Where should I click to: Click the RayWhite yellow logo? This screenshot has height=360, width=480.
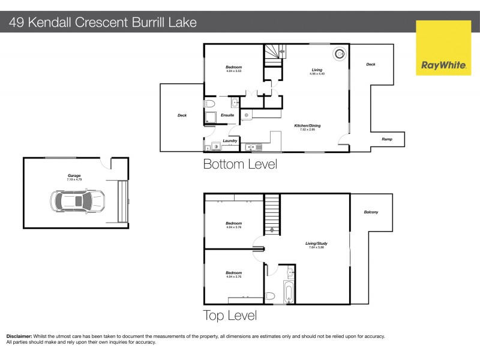443,47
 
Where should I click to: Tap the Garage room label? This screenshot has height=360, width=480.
74,176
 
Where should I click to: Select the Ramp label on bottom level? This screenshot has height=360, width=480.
387,139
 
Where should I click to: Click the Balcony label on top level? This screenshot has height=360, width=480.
371,212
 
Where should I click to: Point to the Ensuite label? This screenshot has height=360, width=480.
227,115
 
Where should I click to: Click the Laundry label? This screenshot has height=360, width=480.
230,141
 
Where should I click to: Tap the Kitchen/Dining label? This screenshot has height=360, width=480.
307,125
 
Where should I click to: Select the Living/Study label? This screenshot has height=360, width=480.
317,243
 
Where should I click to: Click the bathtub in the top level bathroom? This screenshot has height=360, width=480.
289,293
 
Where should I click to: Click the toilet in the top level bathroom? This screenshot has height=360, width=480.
271,295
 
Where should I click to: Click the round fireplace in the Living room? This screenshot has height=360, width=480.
339,53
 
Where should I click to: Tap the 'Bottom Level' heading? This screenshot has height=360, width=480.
240,164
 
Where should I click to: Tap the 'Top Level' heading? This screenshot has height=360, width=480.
230,315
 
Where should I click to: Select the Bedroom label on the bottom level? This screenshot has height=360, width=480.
233,67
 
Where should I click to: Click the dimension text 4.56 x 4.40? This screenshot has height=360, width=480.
317,73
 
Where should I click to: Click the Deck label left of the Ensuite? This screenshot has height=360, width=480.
182,115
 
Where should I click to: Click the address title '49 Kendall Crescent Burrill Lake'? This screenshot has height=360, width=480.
102,23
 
